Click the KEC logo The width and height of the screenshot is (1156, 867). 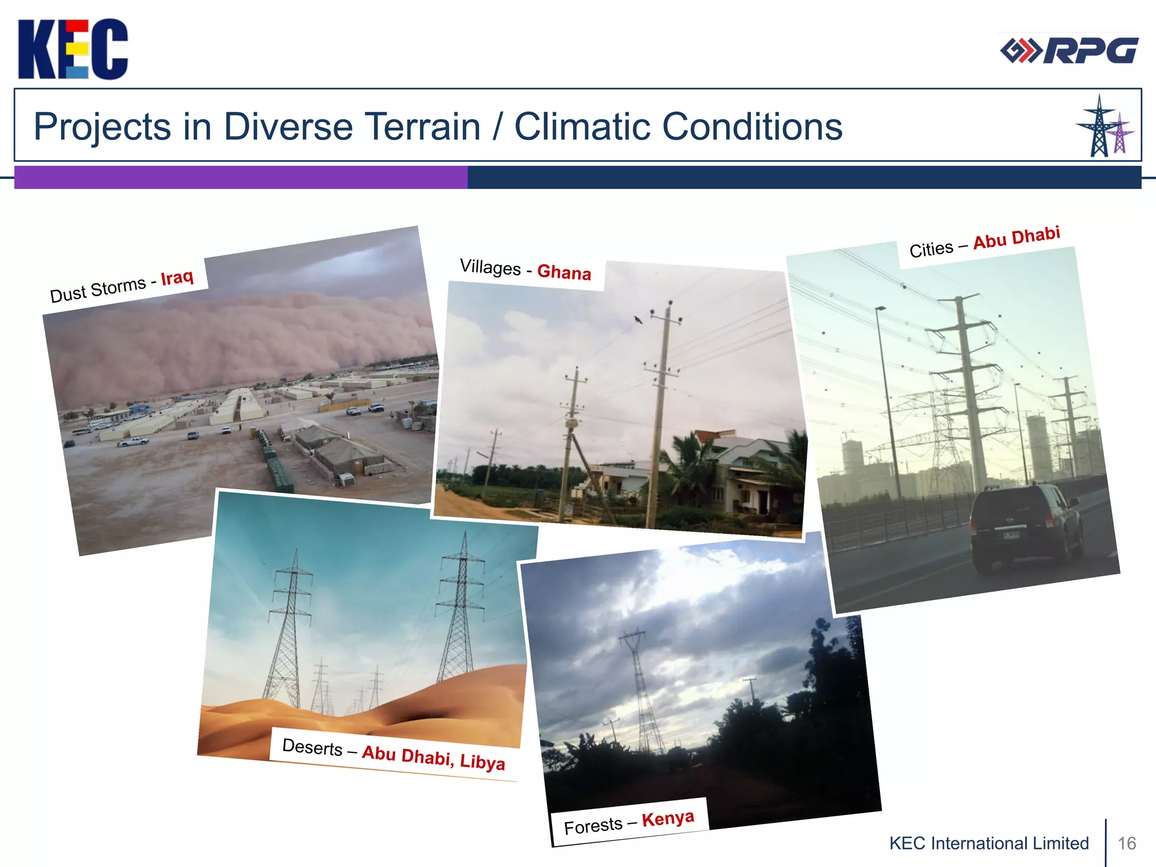(72, 49)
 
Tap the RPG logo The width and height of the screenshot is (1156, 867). (1069, 51)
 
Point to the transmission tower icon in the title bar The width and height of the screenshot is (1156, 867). (1104, 126)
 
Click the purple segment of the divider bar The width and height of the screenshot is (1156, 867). (240, 177)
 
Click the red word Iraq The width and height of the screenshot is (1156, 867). (177, 278)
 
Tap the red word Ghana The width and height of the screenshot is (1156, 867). (564, 272)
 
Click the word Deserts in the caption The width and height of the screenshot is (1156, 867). (312, 747)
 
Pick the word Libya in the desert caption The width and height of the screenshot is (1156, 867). (483, 761)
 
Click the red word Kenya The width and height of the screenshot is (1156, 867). (668, 818)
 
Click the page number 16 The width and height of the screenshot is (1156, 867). (1127, 843)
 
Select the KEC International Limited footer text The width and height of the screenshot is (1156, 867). (989, 843)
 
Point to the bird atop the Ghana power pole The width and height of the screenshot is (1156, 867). (638, 319)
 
